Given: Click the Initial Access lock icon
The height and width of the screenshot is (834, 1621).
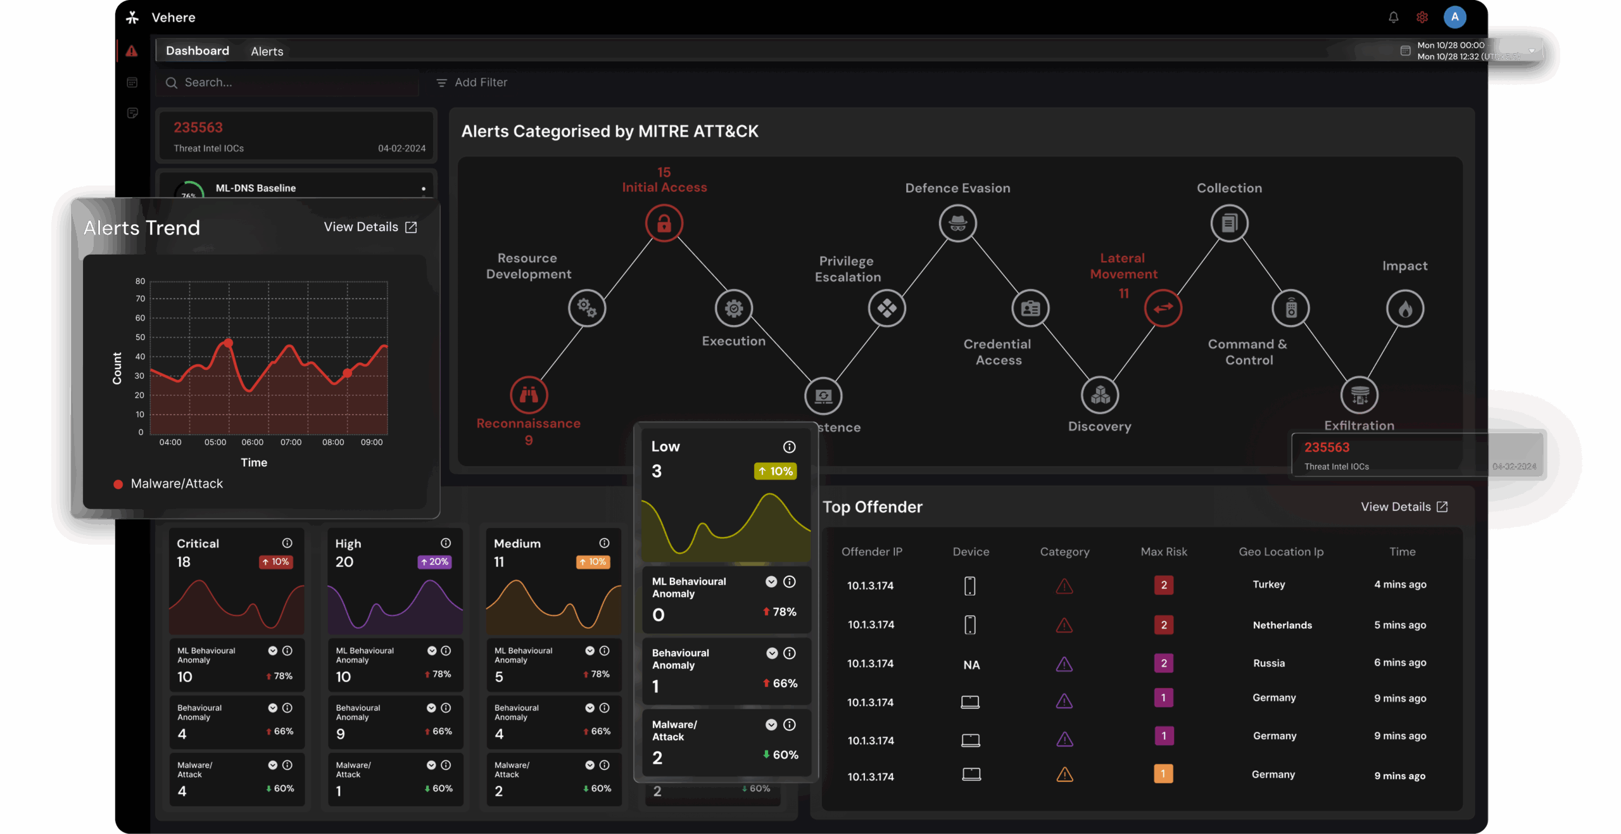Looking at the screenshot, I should coord(664,223).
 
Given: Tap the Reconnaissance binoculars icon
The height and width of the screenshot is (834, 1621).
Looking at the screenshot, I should coord(529,395).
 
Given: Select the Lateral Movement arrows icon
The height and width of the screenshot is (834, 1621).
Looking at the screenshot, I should coord(1163,308).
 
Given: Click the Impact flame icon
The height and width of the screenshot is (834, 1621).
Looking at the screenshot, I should coord(1405,309).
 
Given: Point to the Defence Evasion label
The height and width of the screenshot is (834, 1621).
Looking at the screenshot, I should coord(957,188).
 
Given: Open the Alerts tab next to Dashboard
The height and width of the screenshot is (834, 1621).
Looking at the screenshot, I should coord(267,51).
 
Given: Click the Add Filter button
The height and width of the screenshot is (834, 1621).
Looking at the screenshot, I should coord(472,82).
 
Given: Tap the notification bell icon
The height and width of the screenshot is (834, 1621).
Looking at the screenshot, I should coord(1393,17).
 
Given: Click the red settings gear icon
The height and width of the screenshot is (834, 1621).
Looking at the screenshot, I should coord(1422,17).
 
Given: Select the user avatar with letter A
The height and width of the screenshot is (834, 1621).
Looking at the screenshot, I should coord(1454,17).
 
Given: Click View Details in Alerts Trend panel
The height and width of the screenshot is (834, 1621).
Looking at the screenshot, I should coord(370,227).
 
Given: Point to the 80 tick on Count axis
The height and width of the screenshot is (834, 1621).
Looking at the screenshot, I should coord(140,281).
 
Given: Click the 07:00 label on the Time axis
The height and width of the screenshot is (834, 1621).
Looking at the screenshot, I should coord(291,442).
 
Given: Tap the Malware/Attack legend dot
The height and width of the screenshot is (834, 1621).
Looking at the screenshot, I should coord(118,484).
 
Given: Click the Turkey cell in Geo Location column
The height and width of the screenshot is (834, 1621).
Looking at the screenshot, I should coord(1268,584).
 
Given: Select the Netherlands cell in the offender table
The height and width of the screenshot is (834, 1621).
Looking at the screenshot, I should coord(1282,625).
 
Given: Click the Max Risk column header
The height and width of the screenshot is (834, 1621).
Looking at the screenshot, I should coord(1163,552).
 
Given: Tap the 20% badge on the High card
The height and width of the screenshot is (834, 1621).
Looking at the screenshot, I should coord(435,562).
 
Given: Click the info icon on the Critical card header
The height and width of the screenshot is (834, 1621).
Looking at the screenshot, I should coord(287,543).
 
